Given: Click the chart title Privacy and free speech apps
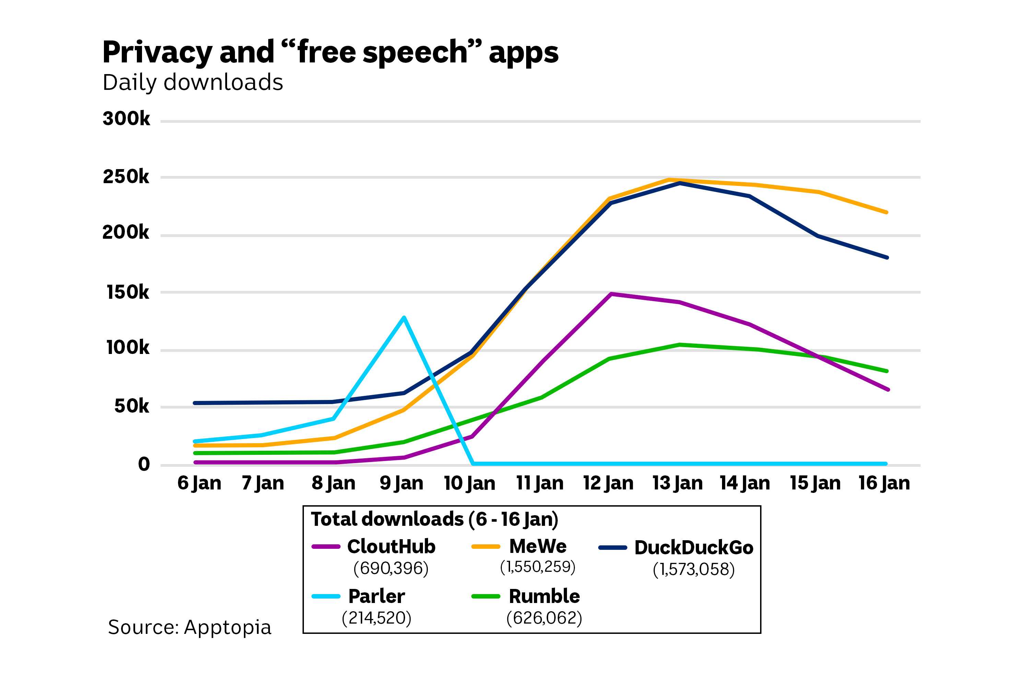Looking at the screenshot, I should (330, 52).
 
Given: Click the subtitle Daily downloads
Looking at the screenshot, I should (192, 82).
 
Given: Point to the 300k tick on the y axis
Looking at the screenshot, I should (126, 119).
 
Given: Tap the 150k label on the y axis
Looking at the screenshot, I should (127, 292).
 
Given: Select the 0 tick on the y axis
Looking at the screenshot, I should (144, 464).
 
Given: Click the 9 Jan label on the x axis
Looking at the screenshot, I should (401, 483).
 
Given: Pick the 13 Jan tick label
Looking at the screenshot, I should (677, 483).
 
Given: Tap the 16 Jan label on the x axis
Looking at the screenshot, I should (884, 483).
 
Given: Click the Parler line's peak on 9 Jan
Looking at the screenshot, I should (404, 317).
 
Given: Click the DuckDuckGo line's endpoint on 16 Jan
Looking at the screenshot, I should (886, 257).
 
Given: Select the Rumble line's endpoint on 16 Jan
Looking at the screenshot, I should (886, 371).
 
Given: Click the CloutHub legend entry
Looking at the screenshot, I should (391, 546).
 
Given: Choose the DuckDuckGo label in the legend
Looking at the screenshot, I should (694, 547).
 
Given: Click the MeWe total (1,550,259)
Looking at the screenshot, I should (537, 567).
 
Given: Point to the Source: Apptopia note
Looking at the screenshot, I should (189, 627).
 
